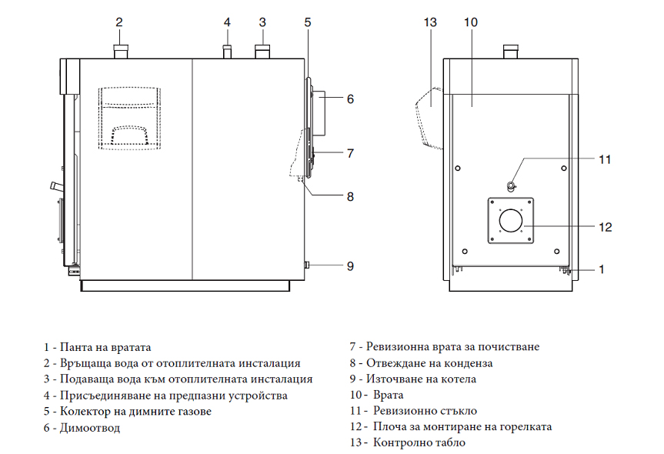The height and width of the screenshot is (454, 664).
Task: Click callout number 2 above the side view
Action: (x=119, y=22)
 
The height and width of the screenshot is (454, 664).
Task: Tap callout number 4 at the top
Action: (x=227, y=22)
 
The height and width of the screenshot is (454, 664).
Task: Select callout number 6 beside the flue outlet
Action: (x=350, y=99)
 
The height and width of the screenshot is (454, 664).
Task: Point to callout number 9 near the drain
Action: (x=350, y=266)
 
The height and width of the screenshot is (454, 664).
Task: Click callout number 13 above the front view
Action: (x=430, y=22)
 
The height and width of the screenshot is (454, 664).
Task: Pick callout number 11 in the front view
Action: (x=605, y=159)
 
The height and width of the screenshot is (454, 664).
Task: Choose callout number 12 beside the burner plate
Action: (x=605, y=226)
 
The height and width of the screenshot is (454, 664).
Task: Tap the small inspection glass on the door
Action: (x=511, y=185)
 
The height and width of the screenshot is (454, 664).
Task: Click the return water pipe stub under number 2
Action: (x=120, y=52)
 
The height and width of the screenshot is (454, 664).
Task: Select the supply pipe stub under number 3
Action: (x=262, y=52)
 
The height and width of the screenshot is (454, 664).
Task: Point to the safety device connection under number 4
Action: (x=227, y=52)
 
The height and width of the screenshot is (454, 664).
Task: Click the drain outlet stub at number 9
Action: (x=307, y=265)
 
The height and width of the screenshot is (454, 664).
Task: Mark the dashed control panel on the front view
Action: (x=431, y=117)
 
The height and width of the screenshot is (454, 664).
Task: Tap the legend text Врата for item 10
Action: (x=389, y=395)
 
